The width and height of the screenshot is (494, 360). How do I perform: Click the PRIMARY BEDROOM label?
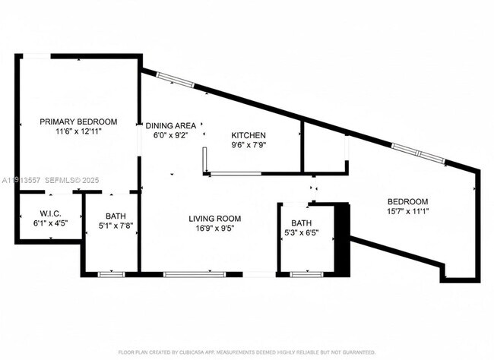78,122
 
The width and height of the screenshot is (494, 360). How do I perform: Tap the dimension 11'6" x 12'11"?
78,131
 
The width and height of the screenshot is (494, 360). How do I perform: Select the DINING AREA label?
171,125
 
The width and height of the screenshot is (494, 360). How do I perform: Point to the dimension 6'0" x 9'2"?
171,134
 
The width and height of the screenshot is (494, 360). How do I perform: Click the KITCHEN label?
249,135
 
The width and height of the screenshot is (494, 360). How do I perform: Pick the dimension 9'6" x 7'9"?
249,144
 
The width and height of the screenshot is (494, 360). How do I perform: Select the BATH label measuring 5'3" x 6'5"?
301,223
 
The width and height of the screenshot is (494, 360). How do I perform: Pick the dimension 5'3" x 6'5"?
301,232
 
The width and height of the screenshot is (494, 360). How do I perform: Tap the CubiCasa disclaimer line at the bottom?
246,352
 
